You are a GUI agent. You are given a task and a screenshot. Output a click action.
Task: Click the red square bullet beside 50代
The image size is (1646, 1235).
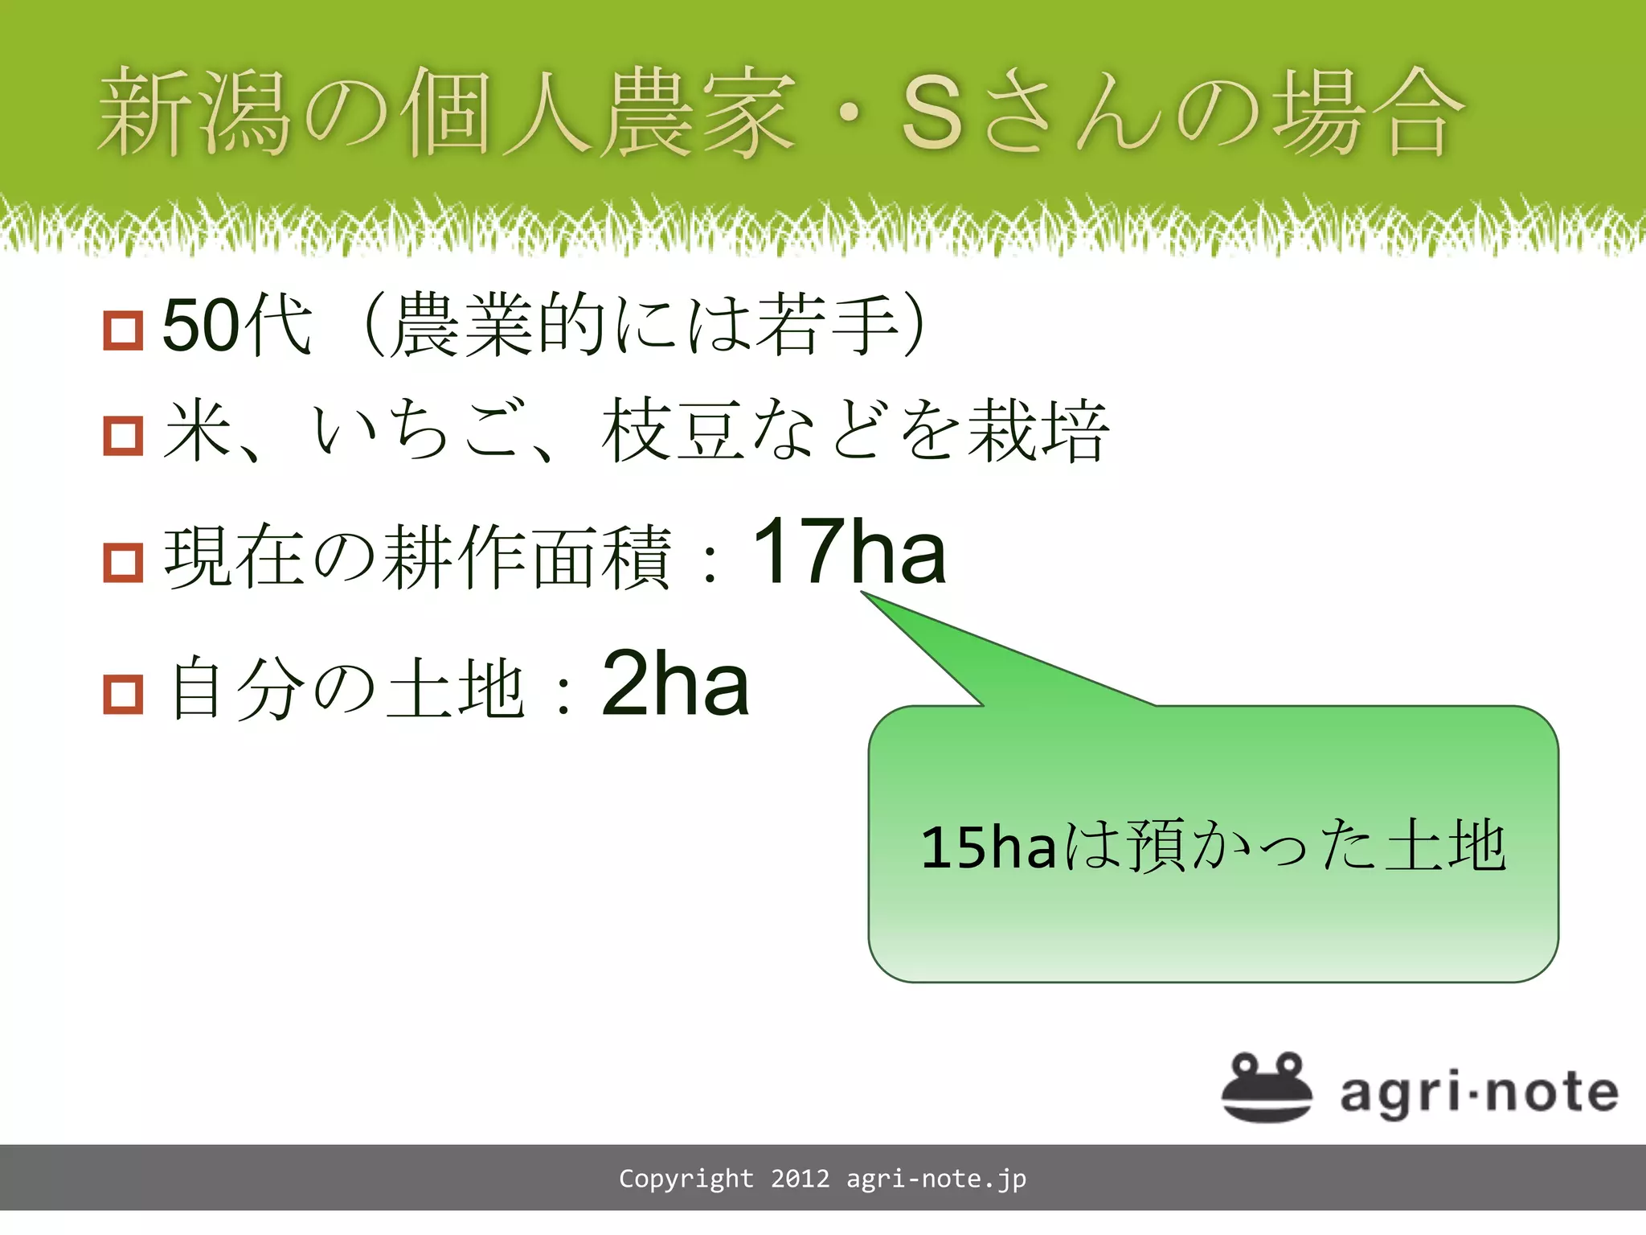123,330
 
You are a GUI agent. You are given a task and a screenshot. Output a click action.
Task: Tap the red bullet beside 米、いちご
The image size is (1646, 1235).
123,436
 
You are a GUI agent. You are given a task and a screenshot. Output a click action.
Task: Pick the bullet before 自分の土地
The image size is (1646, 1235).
123,694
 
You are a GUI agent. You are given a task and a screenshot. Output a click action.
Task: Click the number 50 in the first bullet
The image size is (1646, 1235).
194,325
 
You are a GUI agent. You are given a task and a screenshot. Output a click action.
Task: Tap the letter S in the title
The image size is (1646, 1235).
932,115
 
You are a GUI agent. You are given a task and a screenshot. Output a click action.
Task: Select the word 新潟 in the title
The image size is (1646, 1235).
193,113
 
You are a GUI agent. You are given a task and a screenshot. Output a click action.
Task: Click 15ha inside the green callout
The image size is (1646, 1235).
988,847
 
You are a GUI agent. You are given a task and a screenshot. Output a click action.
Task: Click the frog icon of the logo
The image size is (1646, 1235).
1267,1087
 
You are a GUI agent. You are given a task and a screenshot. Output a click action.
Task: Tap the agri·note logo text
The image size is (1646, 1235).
1479,1093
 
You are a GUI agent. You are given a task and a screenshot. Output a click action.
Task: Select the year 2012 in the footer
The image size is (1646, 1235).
800,1179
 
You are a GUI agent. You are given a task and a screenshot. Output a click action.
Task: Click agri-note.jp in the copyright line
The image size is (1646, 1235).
936,1180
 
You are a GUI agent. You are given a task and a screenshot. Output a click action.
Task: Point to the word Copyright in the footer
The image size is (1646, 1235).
686,1179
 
